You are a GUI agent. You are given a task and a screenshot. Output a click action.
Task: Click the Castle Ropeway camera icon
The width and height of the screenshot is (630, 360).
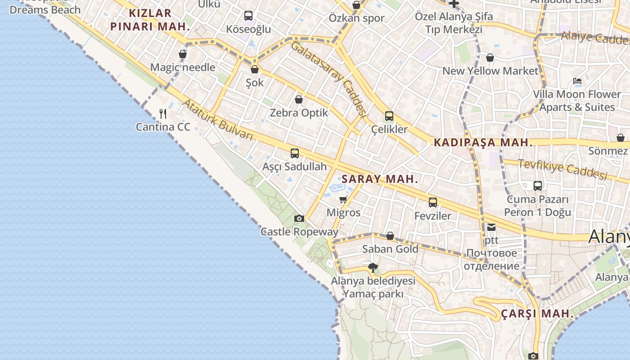pyautogui.click(x=299, y=219)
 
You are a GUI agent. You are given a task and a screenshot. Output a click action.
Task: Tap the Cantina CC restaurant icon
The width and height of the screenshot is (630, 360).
pyautogui.click(x=163, y=114)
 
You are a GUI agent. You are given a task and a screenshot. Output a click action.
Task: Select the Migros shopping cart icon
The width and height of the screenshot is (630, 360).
pyautogui.click(x=343, y=199)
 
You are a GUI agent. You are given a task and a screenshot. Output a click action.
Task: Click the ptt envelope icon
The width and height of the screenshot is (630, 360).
pyautogui.click(x=491, y=227)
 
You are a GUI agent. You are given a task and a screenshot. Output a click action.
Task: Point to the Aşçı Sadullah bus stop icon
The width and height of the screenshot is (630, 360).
pyautogui.click(x=295, y=153)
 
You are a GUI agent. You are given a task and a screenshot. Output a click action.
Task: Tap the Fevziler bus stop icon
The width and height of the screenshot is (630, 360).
pyautogui.click(x=432, y=202)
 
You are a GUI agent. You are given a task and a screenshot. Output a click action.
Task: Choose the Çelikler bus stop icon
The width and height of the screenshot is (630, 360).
pyautogui.click(x=389, y=116)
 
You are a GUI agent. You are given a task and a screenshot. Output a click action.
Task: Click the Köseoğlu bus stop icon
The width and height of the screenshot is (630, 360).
pyautogui.click(x=248, y=16)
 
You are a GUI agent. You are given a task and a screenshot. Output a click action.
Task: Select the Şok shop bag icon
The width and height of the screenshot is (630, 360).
pyautogui.click(x=255, y=69)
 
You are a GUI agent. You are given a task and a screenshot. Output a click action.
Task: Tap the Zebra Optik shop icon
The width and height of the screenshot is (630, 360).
pyautogui.click(x=299, y=99)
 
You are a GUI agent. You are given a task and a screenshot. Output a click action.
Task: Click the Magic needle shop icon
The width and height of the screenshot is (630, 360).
pyautogui.click(x=183, y=54)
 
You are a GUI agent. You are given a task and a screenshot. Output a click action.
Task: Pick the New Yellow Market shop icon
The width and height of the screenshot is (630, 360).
pyautogui.click(x=490, y=58)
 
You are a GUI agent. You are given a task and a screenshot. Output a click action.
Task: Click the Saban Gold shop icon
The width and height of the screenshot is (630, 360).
pyautogui.click(x=390, y=236)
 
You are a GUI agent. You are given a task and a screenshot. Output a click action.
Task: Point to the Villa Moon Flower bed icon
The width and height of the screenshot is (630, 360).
pyautogui.click(x=577, y=81)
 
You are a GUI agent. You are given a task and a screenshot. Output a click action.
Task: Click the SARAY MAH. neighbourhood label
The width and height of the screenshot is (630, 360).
pyautogui.click(x=380, y=179)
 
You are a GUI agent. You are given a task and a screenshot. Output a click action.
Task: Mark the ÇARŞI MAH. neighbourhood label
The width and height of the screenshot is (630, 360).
pyautogui.click(x=537, y=314)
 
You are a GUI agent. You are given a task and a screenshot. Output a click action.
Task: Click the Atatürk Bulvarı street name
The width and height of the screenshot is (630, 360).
pyautogui.click(x=218, y=120)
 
